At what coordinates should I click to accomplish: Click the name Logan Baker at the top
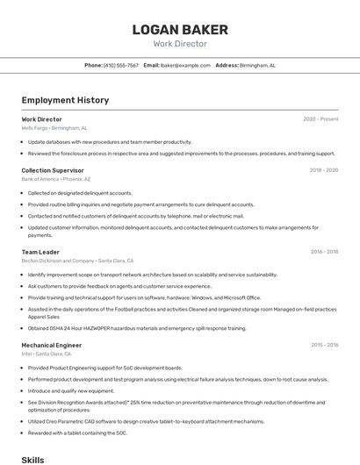180,30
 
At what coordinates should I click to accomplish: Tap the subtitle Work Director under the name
180,43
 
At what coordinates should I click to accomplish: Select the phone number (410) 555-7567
121,65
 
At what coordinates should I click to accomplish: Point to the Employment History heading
65,100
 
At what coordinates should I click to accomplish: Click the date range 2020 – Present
320,119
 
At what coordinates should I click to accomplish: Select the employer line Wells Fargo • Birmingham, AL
54,128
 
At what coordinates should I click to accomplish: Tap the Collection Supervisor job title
53,170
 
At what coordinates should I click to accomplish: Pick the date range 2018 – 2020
323,170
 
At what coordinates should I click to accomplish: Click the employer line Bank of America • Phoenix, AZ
56,179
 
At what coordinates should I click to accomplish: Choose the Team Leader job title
40,252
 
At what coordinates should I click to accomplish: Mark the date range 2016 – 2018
324,252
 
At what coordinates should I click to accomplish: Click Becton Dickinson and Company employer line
77,261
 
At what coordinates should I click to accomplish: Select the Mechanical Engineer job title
51,345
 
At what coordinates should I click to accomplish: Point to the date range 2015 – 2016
324,345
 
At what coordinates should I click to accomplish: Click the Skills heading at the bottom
32,459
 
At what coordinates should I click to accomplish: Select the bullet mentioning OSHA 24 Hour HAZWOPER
137,328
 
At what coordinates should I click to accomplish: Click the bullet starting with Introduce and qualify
71,390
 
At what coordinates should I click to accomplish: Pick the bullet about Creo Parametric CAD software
146,421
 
